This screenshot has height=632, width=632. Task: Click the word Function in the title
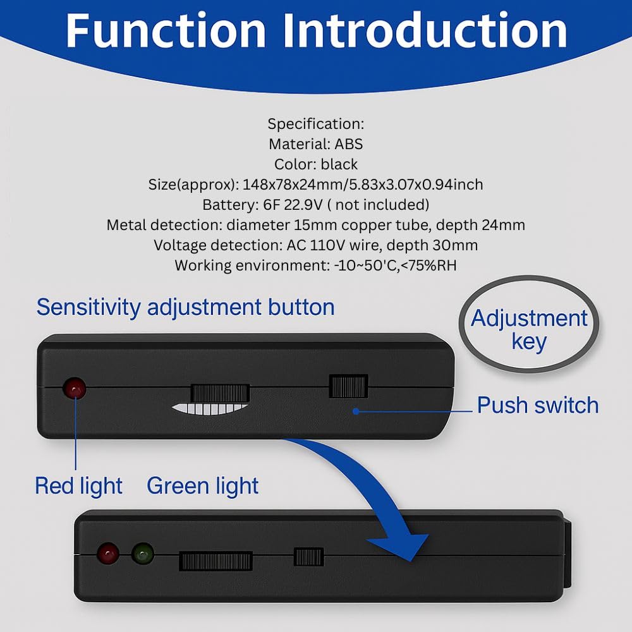pos(166,31)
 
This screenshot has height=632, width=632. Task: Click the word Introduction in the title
pos(425,31)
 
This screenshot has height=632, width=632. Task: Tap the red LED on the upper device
pos(75,389)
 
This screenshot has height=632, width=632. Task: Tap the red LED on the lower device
pos(108,554)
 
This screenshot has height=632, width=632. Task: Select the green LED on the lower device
pos(143,554)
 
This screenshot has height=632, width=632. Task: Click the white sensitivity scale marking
pos(209,409)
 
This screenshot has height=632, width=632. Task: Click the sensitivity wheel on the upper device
pos(220,393)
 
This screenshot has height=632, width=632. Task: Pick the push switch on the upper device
pos(349,387)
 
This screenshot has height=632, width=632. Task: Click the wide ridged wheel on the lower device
pos(216,561)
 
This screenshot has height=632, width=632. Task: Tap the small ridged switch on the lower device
pos(309,557)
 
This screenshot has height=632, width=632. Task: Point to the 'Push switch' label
pos(538,405)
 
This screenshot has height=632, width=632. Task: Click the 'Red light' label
pos(78,486)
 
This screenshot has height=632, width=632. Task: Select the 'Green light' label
pos(202,486)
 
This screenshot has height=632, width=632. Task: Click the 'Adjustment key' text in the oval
pos(529,330)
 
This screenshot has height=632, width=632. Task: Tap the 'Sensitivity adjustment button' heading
pos(185,308)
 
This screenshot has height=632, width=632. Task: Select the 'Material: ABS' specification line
pos(315,144)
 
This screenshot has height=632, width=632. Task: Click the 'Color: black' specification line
pos(315,164)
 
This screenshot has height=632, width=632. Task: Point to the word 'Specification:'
pos(315,124)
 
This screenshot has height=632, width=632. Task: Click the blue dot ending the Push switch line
pos(356,411)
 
